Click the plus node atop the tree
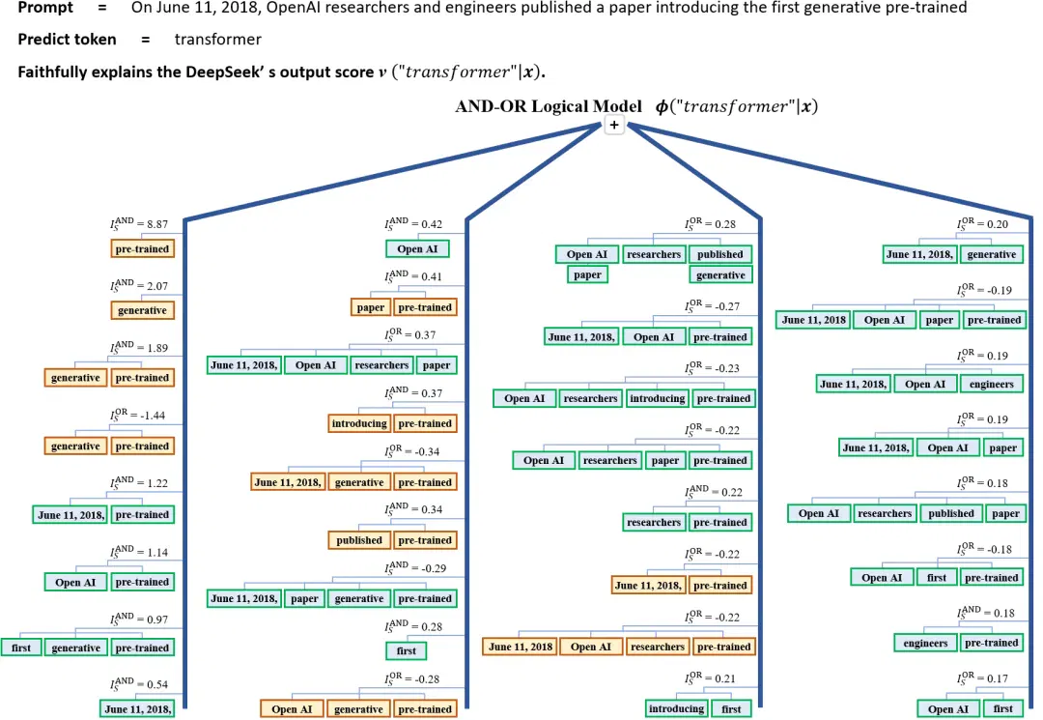(x=614, y=125)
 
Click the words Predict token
(x=67, y=40)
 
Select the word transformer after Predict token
(x=217, y=40)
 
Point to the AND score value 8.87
(x=157, y=224)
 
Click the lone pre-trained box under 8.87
(x=142, y=249)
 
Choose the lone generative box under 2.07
(x=142, y=310)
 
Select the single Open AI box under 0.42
(x=417, y=249)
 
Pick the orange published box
(x=359, y=540)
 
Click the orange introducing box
(x=359, y=423)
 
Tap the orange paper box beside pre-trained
(x=371, y=307)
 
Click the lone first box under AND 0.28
(x=407, y=650)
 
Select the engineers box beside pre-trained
(x=925, y=643)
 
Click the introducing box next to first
(x=676, y=708)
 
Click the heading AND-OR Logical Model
(x=549, y=106)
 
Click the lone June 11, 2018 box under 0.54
(x=138, y=709)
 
